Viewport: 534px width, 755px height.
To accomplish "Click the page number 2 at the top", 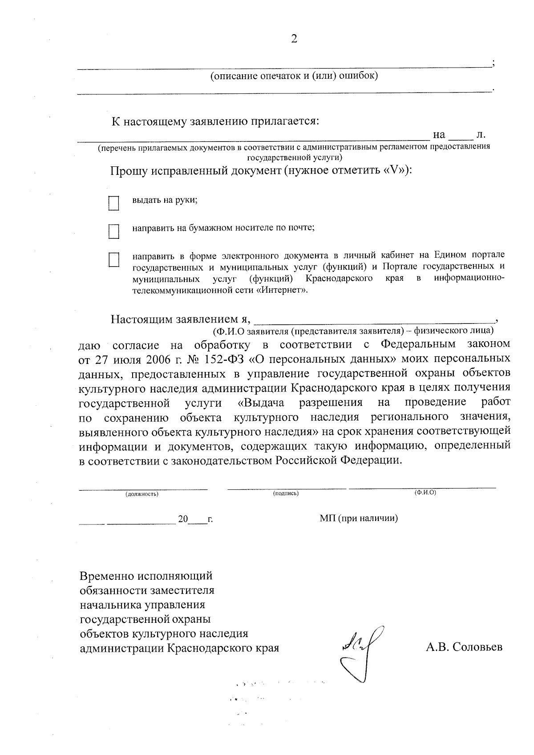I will pos(294,39).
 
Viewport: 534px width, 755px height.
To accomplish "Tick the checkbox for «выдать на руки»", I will pos(114,203).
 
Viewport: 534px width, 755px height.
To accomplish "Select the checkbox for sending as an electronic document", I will pos(114,260).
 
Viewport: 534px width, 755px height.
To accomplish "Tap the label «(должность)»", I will pos(142,494).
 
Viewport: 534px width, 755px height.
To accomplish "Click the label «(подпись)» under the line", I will pos(286,493).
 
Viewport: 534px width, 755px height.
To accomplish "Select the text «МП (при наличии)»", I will pos(358,518).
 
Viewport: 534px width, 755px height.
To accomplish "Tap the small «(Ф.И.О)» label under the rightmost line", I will pos(425,493).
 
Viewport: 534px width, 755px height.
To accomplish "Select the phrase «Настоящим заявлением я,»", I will pos(181,319).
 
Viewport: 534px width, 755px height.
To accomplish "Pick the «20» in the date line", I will pos(183,519).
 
